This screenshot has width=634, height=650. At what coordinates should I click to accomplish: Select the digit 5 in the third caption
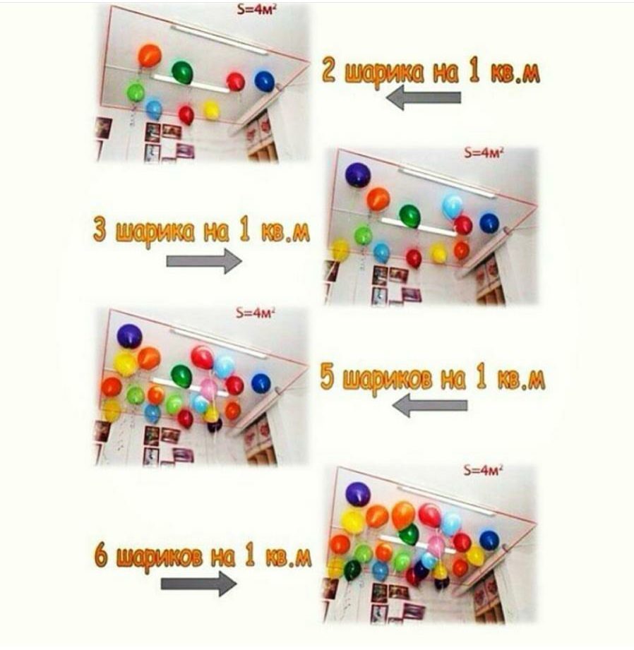click(x=328, y=378)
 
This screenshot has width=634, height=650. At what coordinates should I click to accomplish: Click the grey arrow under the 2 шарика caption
click(x=424, y=98)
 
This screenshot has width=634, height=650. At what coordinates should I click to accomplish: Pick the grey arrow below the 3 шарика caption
click(x=204, y=261)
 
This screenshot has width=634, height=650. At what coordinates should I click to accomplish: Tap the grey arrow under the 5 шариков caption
click(x=430, y=405)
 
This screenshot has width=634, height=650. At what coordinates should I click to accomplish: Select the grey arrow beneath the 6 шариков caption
click(x=199, y=584)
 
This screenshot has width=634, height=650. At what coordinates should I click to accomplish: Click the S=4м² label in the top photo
click(x=256, y=10)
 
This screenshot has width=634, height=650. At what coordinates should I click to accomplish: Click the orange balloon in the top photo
click(x=150, y=56)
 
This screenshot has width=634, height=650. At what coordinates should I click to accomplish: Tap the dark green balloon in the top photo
click(x=182, y=72)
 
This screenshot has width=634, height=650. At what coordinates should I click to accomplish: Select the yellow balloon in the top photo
click(x=211, y=110)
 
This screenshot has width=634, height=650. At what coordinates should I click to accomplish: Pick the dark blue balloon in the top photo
click(x=264, y=81)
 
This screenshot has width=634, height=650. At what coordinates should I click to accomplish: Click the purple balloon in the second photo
click(x=358, y=174)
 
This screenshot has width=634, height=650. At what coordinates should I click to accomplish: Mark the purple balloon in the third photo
click(x=129, y=336)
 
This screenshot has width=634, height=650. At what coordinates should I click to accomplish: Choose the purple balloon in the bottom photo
click(x=358, y=494)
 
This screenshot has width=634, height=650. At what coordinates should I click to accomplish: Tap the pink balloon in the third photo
click(x=208, y=388)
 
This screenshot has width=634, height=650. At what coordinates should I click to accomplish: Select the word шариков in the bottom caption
click(x=160, y=558)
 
